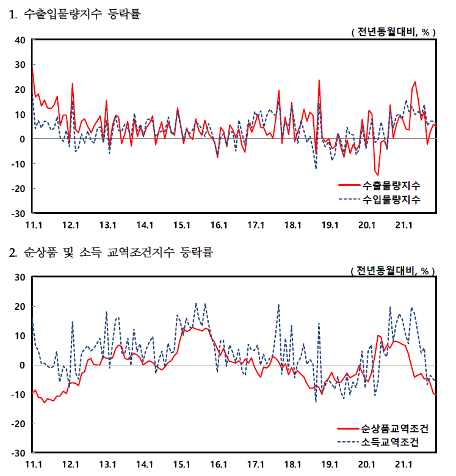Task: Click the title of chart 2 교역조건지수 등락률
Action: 110,252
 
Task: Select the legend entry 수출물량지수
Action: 391,185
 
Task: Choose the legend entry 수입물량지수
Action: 391,200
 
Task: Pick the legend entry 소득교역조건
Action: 391,441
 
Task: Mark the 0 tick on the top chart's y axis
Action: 22,139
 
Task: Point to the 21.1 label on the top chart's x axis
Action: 403,225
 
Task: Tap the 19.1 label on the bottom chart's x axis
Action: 329,464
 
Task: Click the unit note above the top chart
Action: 393,32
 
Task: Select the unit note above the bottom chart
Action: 393,269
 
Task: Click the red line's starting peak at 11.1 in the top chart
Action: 32,71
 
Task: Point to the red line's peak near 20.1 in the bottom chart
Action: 378,335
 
